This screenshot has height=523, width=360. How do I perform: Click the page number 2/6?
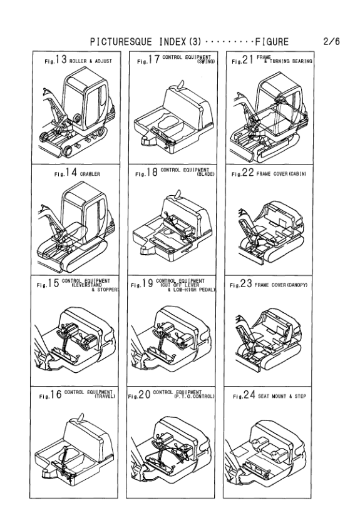click(331, 42)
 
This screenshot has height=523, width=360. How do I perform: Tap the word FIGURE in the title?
click(271, 42)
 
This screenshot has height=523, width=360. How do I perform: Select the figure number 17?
click(153, 61)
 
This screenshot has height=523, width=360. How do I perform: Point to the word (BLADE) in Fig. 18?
click(204, 175)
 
